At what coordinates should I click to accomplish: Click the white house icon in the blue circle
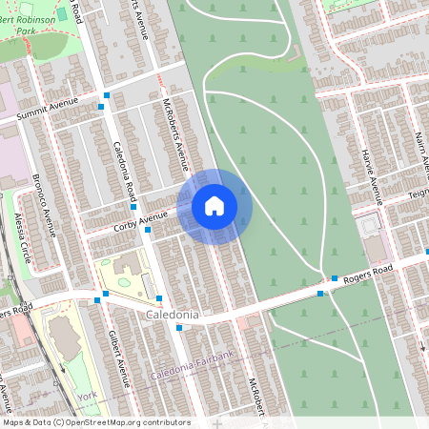click(214, 206)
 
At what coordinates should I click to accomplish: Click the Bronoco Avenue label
click(47, 199)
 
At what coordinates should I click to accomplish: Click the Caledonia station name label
click(174, 314)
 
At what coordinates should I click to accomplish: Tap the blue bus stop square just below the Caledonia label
click(179, 328)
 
